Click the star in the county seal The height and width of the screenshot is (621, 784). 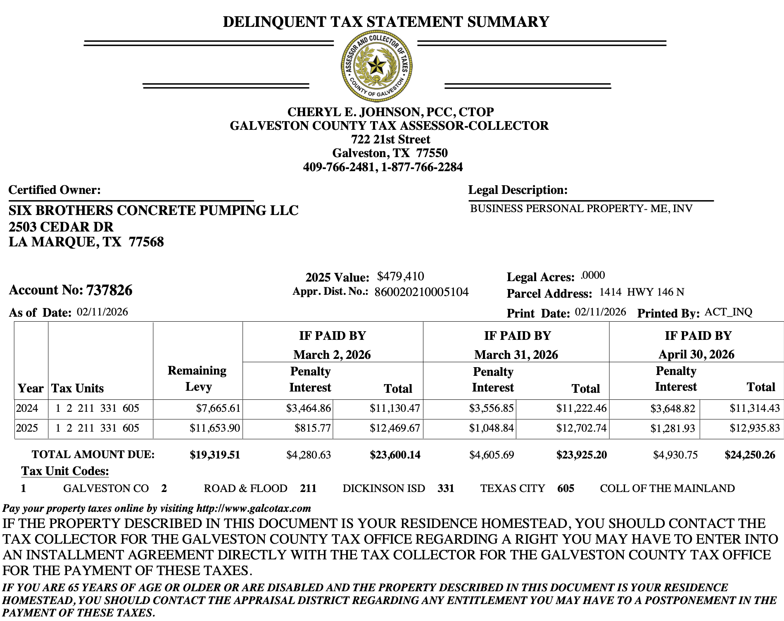pos(376,66)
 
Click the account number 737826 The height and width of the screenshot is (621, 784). pos(109,290)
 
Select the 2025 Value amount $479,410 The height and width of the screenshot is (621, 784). pos(400,276)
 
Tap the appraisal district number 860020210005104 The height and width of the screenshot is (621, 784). pos(421,292)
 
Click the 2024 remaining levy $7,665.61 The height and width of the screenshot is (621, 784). pos(218,408)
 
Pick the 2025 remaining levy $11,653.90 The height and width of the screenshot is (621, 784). pos(215,428)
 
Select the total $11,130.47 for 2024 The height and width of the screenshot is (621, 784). pos(394,408)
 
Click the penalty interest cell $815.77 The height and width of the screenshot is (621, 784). pos(312,428)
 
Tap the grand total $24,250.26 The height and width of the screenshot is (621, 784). pos(750,455)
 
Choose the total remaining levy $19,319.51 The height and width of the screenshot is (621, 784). pos(215,455)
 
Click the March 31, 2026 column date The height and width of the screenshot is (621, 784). pos(516,355)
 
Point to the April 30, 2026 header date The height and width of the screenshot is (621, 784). pos(696,355)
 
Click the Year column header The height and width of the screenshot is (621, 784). pos(31,388)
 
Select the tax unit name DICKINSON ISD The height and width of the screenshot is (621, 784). pos(383,488)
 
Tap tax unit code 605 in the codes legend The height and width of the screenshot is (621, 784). pos(565,488)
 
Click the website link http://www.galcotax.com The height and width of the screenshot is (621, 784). pos(254,508)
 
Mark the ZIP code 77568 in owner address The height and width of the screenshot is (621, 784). pos(146,242)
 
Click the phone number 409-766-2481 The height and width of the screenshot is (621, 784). pos(338,167)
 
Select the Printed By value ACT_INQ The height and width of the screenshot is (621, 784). pos(728,312)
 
